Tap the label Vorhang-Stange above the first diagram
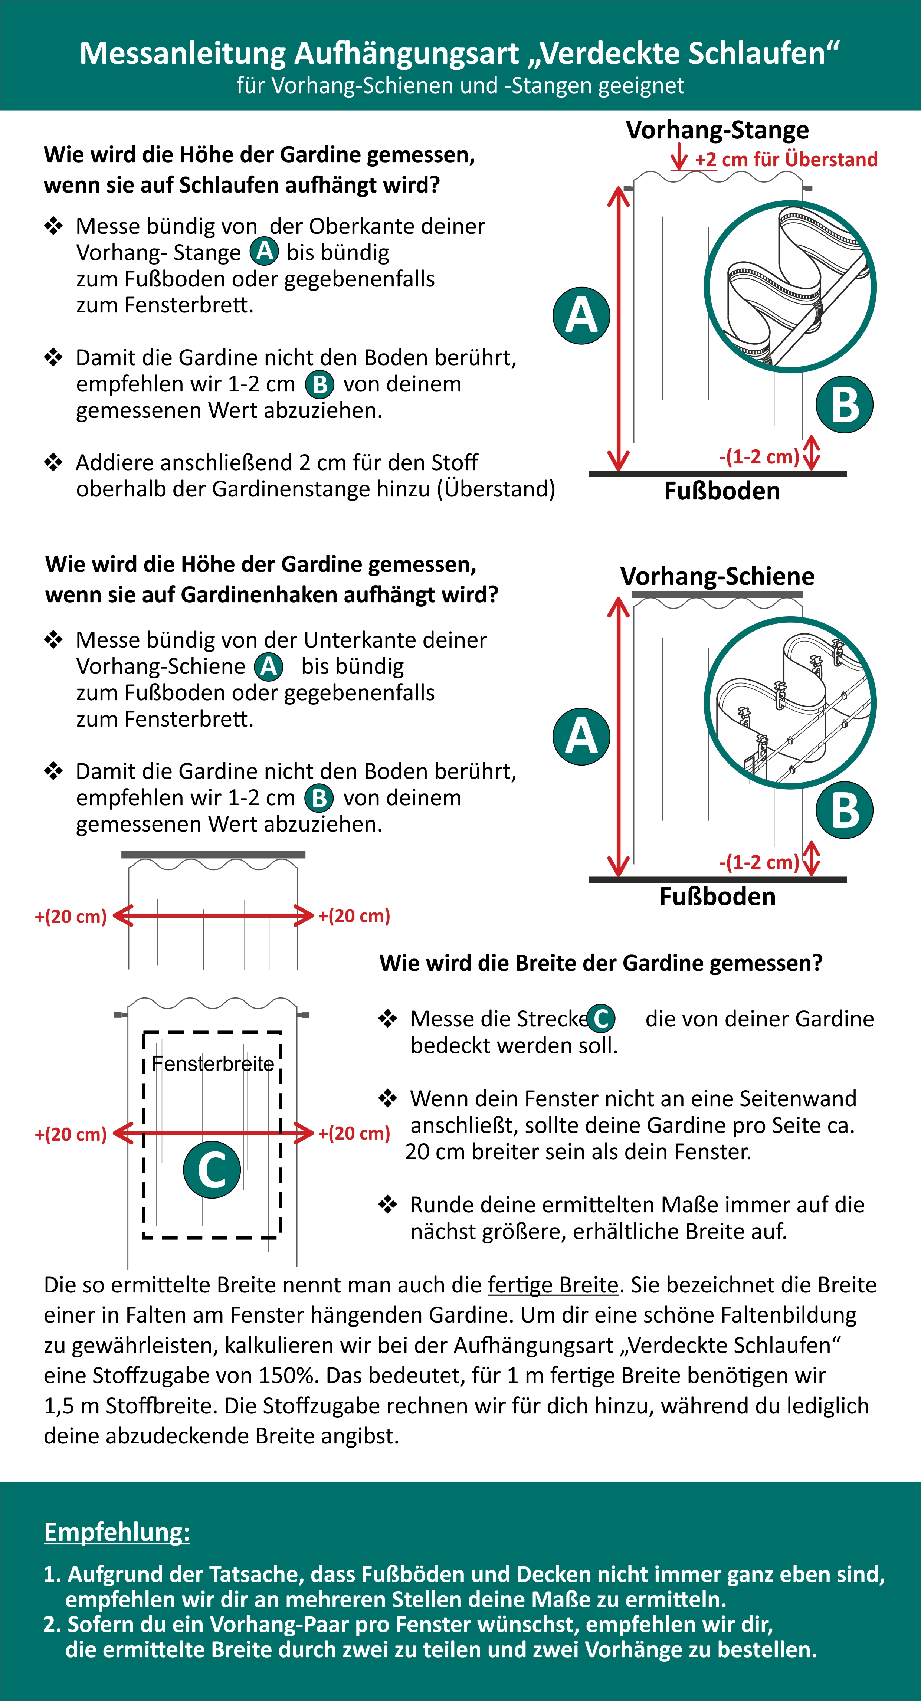(x=717, y=130)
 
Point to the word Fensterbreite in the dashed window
(x=213, y=1064)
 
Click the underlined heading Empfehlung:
(x=117, y=1531)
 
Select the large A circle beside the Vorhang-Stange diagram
(x=581, y=316)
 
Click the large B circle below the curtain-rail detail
(x=845, y=810)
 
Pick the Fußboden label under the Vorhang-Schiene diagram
(x=717, y=896)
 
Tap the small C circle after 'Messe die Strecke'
(x=601, y=1018)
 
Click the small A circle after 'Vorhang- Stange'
(x=264, y=252)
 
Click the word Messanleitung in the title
(x=182, y=53)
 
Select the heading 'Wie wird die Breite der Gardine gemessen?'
(x=601, y=963)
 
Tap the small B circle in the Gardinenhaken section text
(x=319, y=798)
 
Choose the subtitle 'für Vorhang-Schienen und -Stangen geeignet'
(x=460, y=86)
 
